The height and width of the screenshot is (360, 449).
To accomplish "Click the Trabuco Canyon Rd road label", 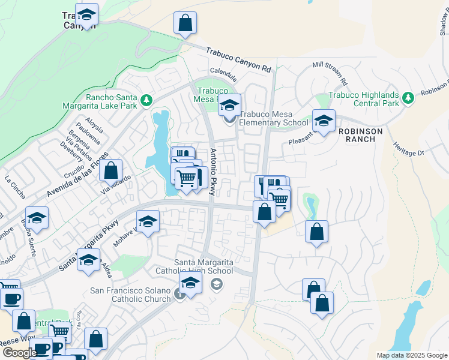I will tap(238, 61).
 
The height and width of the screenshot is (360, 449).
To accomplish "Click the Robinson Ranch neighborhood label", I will tap(357, 135).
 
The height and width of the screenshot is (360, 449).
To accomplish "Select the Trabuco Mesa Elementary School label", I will tap(274, 119).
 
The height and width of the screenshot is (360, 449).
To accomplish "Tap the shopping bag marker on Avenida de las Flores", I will tap(111, 170).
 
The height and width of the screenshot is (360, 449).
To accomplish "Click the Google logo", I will tap(20, 353).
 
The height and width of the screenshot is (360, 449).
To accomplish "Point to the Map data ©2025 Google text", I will tap(411, 355).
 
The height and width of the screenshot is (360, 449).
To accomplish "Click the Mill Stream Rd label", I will tap(331, 71).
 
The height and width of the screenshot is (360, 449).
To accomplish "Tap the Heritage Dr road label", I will tap(408, 145).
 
